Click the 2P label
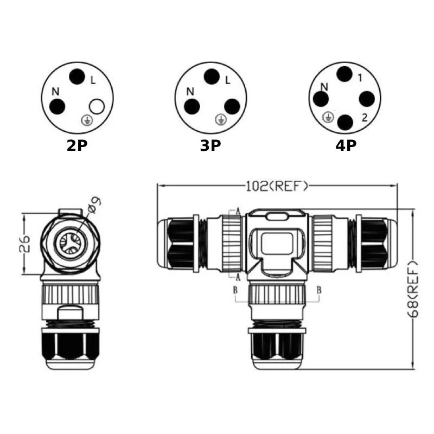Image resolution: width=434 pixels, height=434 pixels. click(77, 145)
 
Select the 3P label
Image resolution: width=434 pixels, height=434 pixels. click(210, 145)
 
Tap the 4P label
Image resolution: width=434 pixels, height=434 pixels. click(346, 145)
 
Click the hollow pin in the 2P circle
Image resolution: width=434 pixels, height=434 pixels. click(97, 106)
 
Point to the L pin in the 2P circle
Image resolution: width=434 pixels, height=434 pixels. click(77, 76)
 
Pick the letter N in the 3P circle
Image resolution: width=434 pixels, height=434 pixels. click(190, 92)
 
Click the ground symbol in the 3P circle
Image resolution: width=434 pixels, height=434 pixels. click(221, 119)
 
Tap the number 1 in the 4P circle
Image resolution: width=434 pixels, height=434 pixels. click(360, 78)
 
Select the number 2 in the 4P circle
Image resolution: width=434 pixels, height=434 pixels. click(365, 118)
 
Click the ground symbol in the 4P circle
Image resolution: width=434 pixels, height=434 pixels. click(328, 117)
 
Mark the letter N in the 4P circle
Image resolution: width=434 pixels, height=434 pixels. click(324, 87)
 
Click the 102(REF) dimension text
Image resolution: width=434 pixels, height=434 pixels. click(277, 186)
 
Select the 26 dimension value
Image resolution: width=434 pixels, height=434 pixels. click(24, 244)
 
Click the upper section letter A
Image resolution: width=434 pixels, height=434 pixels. click(238, 212)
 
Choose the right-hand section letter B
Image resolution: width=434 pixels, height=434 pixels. click(319, 290)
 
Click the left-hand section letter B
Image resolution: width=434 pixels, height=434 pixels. click(235, 290)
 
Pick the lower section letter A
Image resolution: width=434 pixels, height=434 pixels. click(238, 277)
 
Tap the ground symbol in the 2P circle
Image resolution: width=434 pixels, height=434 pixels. click(86, 120)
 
